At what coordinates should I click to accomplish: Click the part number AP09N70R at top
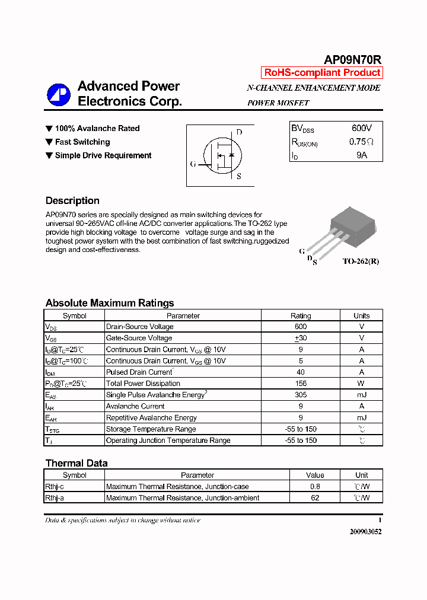352,60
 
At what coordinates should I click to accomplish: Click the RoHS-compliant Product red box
322,73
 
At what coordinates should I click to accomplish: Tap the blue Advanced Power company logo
59,94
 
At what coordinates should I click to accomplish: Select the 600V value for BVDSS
361,128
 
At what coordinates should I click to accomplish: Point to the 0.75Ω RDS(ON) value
361,142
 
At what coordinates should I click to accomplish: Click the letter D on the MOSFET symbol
239,132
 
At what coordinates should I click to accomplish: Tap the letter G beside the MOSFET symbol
193,164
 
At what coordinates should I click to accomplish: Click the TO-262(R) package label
360,261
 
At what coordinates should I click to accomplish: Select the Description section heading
72,200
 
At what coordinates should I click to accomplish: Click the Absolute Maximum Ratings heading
110,303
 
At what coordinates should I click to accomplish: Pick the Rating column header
301,316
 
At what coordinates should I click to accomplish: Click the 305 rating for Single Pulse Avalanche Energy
301,395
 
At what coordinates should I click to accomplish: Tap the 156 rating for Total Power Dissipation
301,384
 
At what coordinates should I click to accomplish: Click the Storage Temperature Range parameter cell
151,429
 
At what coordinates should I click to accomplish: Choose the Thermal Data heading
77,463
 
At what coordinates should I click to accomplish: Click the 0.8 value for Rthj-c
315,487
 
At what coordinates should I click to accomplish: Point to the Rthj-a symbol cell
55,498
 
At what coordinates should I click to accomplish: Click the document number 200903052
365,532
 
